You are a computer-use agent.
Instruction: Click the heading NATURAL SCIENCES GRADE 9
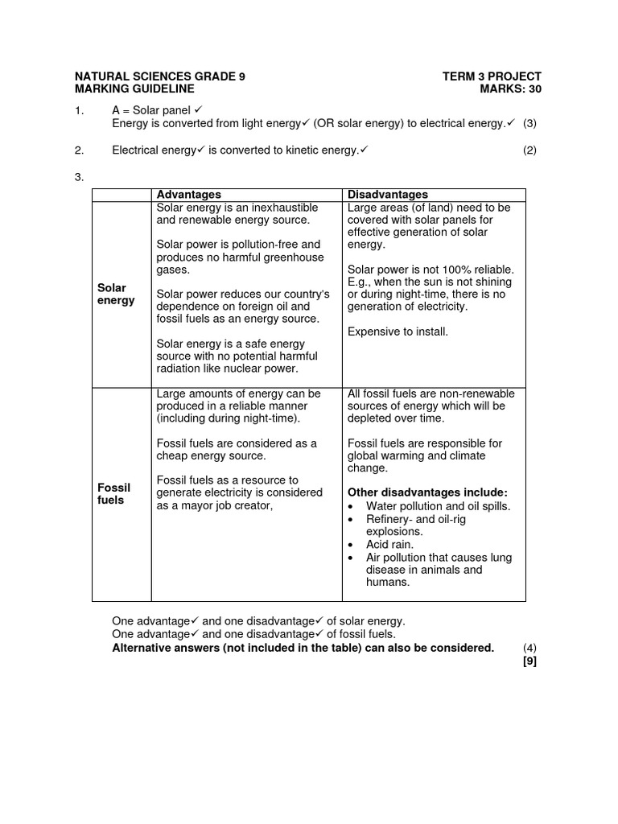pyautogui.click(x=160, y=76)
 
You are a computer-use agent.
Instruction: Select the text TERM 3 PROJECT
pyautogui.click(x=492, y=76)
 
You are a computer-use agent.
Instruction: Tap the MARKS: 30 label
pyautogui.click(x=510, y=89)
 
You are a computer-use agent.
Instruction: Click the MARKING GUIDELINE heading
pyautogui.click(x=134, y=89)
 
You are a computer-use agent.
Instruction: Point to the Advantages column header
pyautogui.click(x=188, y=195)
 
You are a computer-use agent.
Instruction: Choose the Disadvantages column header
pyautogui.click(x=388, y=195)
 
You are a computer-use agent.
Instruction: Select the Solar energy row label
pyautogui.click(x=116, y=294)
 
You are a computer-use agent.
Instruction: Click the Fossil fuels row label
pyautogui.click(x=113, y=494)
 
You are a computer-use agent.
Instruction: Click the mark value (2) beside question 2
pyautogui.click(x=529, y=150)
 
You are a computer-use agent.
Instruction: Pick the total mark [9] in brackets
pyautogui.click(x=529, y=661)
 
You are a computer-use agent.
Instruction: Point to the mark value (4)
pyautogui.click(x=529, y=649)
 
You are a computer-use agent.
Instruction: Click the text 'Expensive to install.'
pyautogui.click(x=398, y=332)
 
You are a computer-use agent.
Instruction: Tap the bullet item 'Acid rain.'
pyautogui.click(x=389, y=545)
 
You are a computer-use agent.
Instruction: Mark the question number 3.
pyautogui.click(x=79, y=176)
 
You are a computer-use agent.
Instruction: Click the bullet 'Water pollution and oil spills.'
pyautogui.click(x=438, y=506)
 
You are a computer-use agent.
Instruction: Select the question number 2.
pyautogui.click(x=79, y=150)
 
